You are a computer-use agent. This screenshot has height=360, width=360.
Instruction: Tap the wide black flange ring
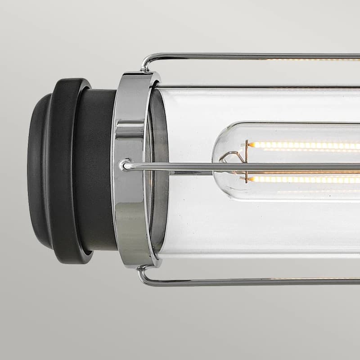click(x=67, y=171)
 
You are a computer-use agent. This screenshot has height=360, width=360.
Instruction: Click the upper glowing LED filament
click(x=306, y=145)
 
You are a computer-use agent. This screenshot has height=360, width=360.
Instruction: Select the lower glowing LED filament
click(x=306, y=179)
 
